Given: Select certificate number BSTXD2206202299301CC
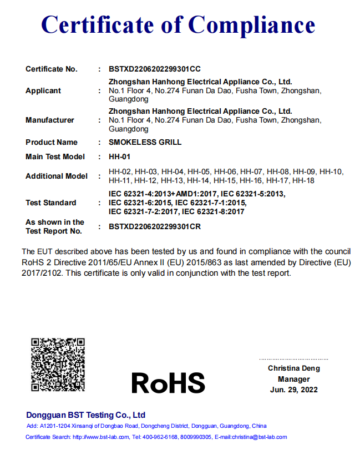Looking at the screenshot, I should (155, 69).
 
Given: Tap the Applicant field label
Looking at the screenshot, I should (43, 90).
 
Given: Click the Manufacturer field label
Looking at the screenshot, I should (50, 120).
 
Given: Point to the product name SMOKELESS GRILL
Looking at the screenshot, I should (145, 142).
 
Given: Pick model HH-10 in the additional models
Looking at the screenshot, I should (331, 171).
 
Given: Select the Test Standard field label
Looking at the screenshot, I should (51, 203).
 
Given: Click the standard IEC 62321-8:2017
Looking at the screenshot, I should (214, 211).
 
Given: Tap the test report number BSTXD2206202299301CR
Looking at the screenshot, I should (155, 226).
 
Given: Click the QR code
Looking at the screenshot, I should (58, 365).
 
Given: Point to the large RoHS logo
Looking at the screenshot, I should (168, 383).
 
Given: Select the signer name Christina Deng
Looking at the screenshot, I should (294, 368).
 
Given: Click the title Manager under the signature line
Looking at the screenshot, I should (294, 379).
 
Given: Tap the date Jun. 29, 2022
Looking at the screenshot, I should (294, 390).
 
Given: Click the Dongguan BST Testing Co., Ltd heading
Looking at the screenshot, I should (85, 415).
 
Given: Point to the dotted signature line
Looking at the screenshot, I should (294, 359).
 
